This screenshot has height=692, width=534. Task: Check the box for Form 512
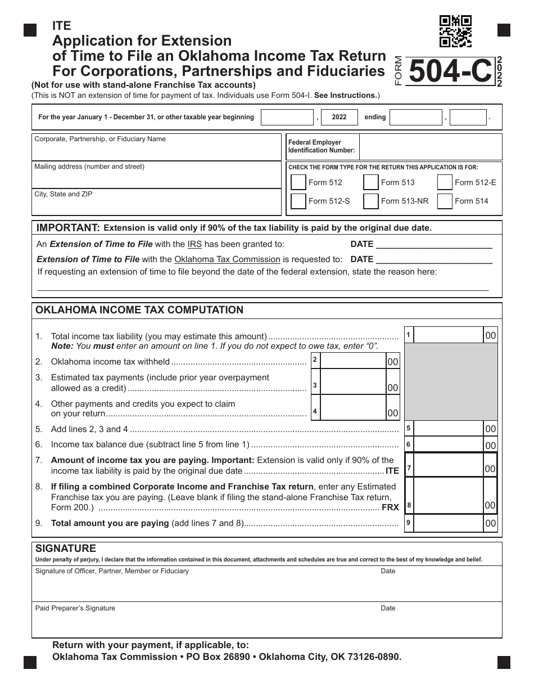tap(298, 182)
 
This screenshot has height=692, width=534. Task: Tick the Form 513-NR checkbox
tap(371, 201)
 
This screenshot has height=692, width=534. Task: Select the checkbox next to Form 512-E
tap(445, 182)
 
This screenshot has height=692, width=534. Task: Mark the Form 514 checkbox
tap(445, 201)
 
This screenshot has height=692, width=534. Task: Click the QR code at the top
tap(455, 31)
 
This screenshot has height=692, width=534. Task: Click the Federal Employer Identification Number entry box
tap(430, 147)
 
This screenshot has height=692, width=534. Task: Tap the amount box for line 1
tap(450, 335)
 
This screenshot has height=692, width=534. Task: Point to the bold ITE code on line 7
tap(392, 471)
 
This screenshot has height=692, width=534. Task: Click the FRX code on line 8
tap(391, 507)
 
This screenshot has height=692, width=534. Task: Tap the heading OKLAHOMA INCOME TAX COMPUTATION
tap(139, 310)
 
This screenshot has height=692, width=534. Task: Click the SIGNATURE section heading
tap(66, 549)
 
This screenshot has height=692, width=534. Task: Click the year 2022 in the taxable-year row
tap(340, 118)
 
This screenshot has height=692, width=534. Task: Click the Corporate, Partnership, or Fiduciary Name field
tap(156, 149)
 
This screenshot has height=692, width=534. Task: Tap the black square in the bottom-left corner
tap(30, 663)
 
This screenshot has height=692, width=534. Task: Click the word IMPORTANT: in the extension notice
tap(68, 228)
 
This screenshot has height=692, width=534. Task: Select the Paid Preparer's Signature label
tap(75, 608)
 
